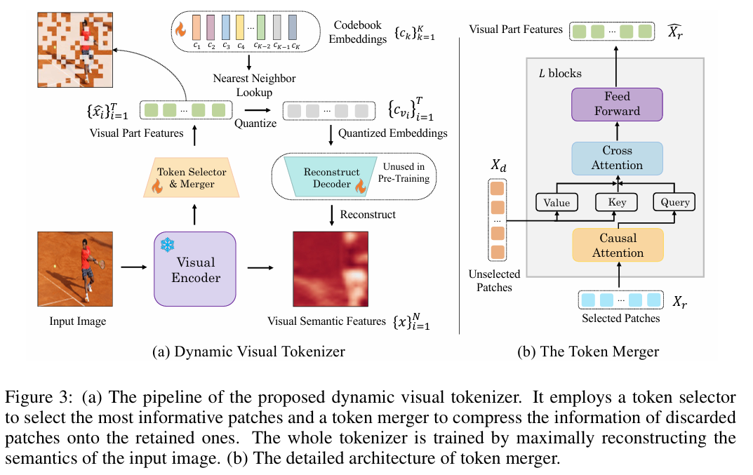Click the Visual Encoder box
pos(195,269)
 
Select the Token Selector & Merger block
pos(191,177)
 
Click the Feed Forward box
pos(617,104)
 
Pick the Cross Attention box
pos(617,158)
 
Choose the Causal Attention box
pos(617,245)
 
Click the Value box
pos(557,202)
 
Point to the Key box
pos(616,202)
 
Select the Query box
pos(675,202)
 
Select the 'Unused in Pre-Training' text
pos(408,173)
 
